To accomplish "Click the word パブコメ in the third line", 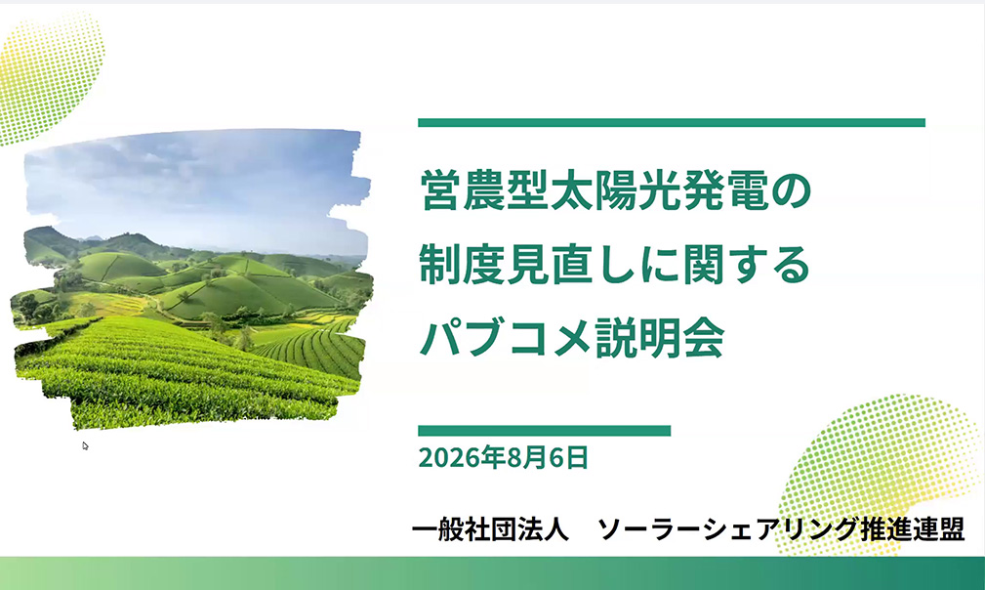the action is [x=506, y=339].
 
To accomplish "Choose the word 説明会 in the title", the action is [x=660, y=339].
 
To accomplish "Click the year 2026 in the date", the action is [x=449, y=458].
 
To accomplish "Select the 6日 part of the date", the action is [x=569, y=458].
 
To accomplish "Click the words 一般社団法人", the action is [x=491, y=529].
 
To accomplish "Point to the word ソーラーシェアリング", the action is [x=727, y=529].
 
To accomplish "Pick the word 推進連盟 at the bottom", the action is [x=912, y=529].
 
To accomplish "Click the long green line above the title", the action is [x=672, y=122].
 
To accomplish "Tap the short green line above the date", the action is [x=544, y=431].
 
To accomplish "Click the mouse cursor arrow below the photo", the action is [x=86, y=446].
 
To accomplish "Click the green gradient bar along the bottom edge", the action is [x=492, y=573].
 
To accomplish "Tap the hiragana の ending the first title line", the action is [x=792, y=191].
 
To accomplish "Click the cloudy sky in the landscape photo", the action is [x=194, y=183].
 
